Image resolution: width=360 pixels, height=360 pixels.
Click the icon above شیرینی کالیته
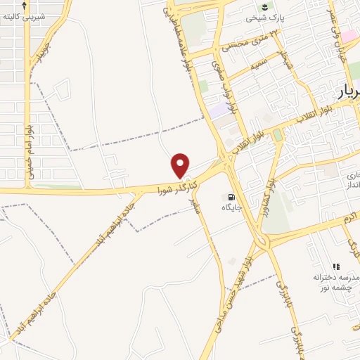coord(25,4)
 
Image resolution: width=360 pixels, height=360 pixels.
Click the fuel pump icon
coord(228,198)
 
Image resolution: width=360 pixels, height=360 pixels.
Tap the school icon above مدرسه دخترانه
coord(336,266)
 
